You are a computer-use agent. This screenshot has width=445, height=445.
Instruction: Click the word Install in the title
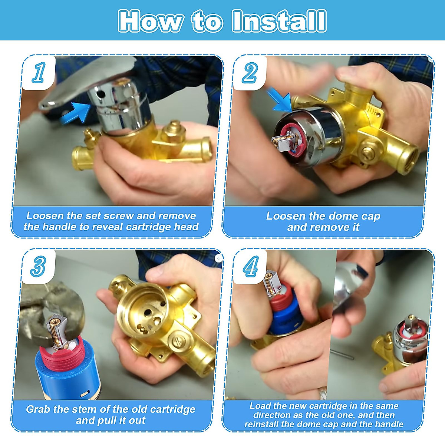coord(279,21)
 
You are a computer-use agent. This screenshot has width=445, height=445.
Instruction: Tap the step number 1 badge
coord(39,73)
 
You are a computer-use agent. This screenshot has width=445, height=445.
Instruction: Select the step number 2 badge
coord(250,73)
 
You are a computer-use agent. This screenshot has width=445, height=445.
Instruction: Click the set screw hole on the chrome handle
coord(101,94)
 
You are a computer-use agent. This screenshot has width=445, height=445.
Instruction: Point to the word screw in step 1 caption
coord(118,216)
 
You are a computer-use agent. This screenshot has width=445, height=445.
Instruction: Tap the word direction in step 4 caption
coord(271,415)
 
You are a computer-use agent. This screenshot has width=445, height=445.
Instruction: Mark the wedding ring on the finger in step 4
coord(323,393)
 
